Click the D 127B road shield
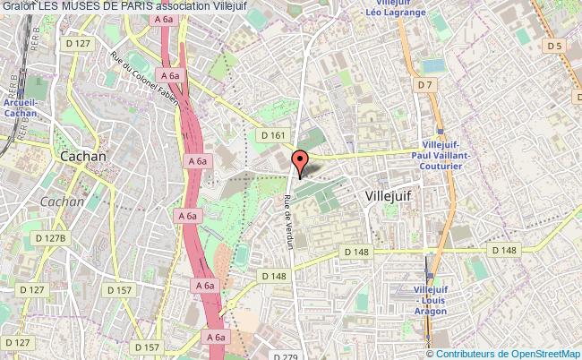(x=50, y=237)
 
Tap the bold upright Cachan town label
(x=82, y=155)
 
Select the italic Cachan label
(x=62, y=201)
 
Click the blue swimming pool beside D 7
(x=432, y=65)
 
